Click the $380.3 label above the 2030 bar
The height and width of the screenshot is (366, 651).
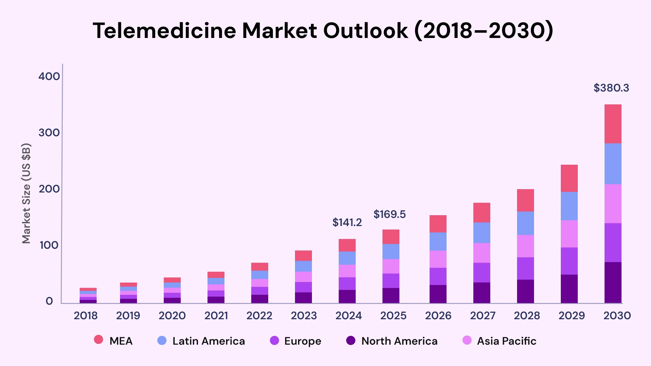tap(611, 88)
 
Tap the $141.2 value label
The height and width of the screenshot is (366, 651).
tap(347, 223)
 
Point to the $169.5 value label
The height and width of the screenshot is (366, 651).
tap(389, 215)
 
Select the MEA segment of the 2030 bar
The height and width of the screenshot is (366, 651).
tap(613, 124)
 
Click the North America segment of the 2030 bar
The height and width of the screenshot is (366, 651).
tap(613, 282)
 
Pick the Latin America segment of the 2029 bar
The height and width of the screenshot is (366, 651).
tap(569, 206)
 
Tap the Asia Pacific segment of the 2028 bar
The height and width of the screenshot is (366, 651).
tap(525, 246)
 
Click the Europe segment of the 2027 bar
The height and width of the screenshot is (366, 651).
tap(481, 272)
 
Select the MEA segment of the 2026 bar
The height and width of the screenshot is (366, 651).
tap(438, 224)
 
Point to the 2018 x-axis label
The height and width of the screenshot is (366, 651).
tap(85, 316)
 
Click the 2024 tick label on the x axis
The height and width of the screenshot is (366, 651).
tap(348, 316)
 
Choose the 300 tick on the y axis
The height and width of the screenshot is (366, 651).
tap(49, 133)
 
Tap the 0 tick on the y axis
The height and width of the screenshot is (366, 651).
tap(50, 301)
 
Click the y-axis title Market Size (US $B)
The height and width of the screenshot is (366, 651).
tap(26, 193)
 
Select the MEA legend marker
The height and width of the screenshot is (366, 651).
tap(98, 340)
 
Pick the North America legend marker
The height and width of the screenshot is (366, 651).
tap(351, 341)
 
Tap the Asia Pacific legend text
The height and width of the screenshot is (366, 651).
tap(506, 341)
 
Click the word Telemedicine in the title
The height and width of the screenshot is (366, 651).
tap(164, 31)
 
